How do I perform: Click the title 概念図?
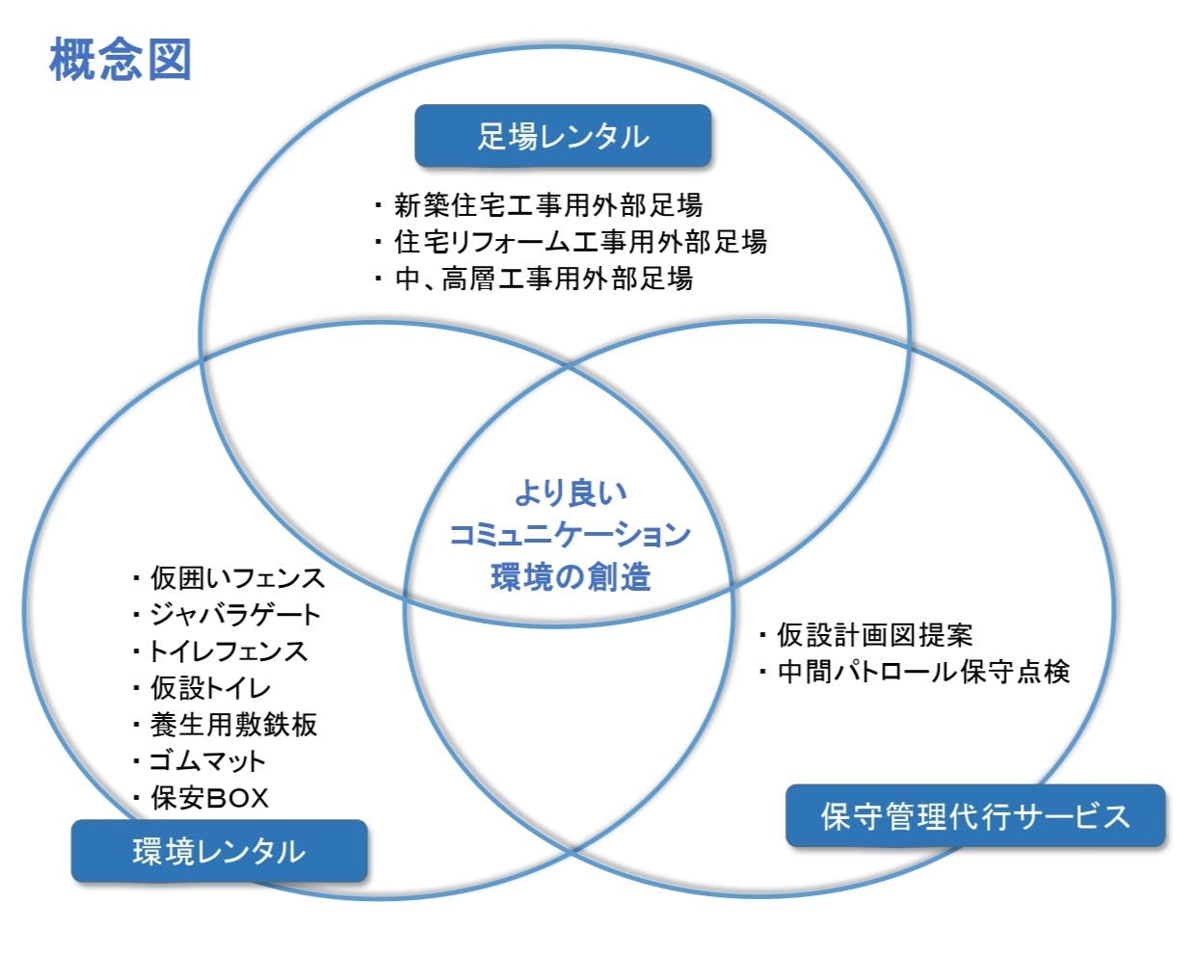(120, 60)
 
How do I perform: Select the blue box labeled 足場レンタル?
(563, 136)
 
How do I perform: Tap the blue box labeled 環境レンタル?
(220, 851)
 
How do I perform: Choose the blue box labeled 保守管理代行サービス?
(975, 816)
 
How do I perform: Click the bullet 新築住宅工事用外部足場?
(539, 205)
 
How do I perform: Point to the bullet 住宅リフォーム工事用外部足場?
(571, 242)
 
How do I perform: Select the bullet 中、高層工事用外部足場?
(534, 279)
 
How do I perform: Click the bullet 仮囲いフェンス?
(228, 577)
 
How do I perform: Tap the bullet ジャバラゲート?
(226, 615)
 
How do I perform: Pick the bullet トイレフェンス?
(220, 651)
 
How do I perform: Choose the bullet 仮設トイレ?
(201, 688)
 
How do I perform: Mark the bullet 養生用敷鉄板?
(225, 725)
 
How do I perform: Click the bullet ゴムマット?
(199, 761)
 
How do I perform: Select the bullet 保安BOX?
(200, 798)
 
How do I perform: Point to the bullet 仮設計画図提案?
(865, 635)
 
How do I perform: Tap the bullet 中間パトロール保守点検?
(914, 672)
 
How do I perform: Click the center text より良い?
(571, 492)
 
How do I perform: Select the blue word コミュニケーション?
(570, 535)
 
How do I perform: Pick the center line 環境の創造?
(571, 576)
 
